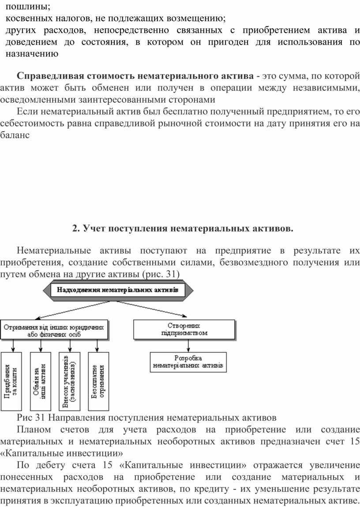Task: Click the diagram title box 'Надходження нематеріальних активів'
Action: tap(118, 290)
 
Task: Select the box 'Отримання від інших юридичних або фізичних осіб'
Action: tap(54, 330)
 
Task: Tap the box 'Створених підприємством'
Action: tap(184, 329)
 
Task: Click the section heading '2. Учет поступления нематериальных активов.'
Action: tap(182, 228)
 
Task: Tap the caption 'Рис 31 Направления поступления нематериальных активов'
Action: tap(146, 417)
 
